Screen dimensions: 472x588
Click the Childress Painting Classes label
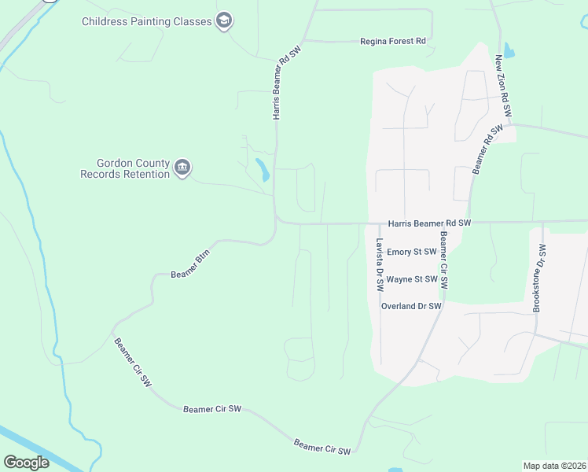[x=147, y=21]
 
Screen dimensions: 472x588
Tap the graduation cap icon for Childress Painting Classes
[x=224, y=21]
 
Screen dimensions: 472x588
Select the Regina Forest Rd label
[x=392, y=41]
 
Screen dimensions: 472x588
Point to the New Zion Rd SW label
[x=503, y=87]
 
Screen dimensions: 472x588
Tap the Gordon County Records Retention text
[x=125, y=168]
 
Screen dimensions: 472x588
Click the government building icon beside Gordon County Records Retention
[x=182, y=168]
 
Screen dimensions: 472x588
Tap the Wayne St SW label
[x=411, y=279]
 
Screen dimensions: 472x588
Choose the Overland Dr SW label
[x=411, y=306]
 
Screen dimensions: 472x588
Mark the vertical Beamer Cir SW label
[x=444, y=260]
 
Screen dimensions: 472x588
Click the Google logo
[x=26, y=463]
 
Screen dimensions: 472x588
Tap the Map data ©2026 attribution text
[x=553, y=466]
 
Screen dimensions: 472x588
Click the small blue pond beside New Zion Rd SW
[x=509, y=51]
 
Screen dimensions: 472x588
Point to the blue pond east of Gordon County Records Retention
[x=262, y=169]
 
